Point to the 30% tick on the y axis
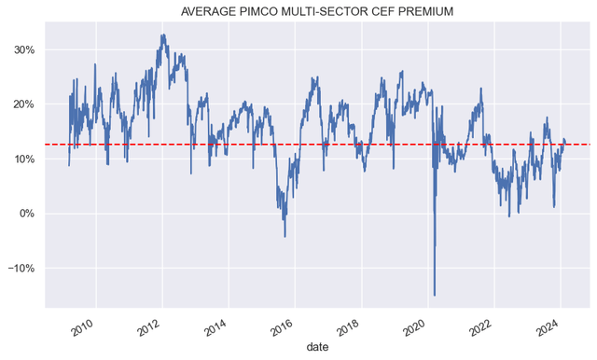22,49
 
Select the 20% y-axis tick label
22,104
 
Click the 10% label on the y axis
22,159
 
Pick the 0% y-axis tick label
26,214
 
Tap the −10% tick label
20,269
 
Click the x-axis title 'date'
317,347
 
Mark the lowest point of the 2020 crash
435,295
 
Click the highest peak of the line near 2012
162,35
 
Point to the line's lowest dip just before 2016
285,236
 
